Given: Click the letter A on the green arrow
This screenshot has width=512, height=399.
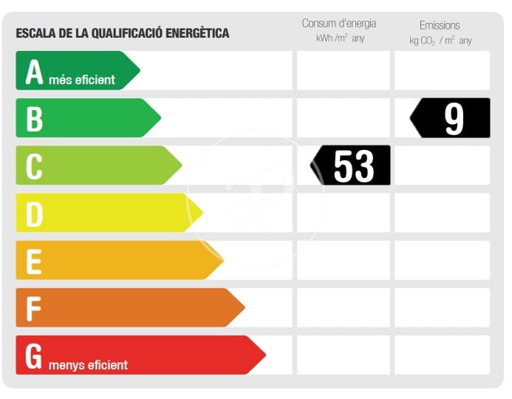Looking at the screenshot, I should point(34,72).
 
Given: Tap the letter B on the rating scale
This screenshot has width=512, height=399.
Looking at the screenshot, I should point(34,119).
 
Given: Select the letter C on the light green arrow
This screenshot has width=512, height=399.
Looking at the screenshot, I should point(34,166).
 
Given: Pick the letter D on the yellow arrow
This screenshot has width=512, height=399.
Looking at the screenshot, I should point(34,214).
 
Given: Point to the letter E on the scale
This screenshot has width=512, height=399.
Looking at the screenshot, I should point(34,262).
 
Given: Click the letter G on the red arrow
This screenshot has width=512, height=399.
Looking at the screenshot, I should point(34,355).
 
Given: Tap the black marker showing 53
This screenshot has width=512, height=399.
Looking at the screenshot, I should point(352,166).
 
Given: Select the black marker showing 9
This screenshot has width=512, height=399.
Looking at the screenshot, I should point(451,118).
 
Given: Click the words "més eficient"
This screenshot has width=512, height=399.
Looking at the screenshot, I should point(81,79).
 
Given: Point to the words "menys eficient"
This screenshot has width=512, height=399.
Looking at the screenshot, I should point(88,364).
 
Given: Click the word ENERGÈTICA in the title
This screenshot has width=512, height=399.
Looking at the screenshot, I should point(196,33).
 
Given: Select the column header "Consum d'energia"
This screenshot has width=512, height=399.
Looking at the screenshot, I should point(339,24).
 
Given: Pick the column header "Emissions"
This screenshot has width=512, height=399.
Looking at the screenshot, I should point(440,25).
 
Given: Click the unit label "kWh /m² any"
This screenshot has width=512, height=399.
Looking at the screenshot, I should point(340,38).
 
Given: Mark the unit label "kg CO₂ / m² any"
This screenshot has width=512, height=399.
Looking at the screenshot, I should point(440,40).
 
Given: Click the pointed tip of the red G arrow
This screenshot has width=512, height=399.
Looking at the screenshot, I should point(264,355).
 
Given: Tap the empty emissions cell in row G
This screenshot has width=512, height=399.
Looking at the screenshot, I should point(442,355).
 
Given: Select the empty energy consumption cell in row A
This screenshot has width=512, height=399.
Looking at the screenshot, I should point(343,71).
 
